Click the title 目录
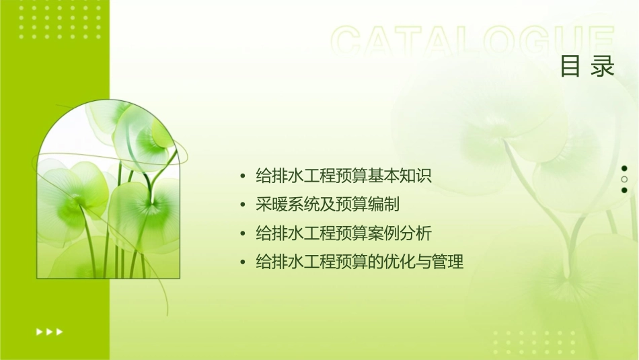tap(587, 67)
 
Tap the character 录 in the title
tap(603, 67)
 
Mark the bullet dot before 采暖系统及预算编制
tap(243, 205)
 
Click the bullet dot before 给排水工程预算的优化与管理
tap(243, 262)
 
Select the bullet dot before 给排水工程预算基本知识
tap(243, 177)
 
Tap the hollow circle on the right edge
tap(624, 179)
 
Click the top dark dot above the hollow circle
tap(624, 168)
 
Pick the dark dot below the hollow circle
tap(624, 190)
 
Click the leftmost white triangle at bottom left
tap(39, 331)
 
